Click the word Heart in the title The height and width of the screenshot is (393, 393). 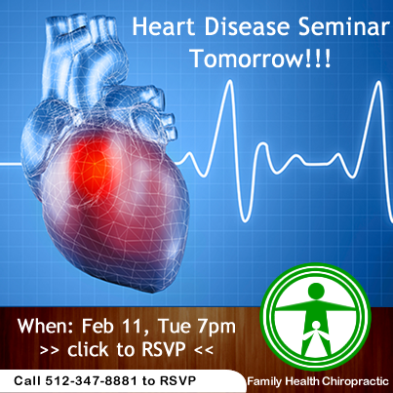[163, 26]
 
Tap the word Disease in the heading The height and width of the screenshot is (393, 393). [247, 26]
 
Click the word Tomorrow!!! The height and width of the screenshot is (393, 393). [261, 59]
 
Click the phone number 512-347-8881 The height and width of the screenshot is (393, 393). [91, 380]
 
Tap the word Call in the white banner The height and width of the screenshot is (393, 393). [27, 380]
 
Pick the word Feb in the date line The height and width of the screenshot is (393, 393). [100, 326]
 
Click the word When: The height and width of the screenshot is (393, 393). [46, 326]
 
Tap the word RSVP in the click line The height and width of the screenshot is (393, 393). [164, 349]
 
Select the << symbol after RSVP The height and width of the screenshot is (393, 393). [204, 350]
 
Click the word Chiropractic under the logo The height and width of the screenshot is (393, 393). [356, 381]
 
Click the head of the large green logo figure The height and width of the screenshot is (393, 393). [315, 291]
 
